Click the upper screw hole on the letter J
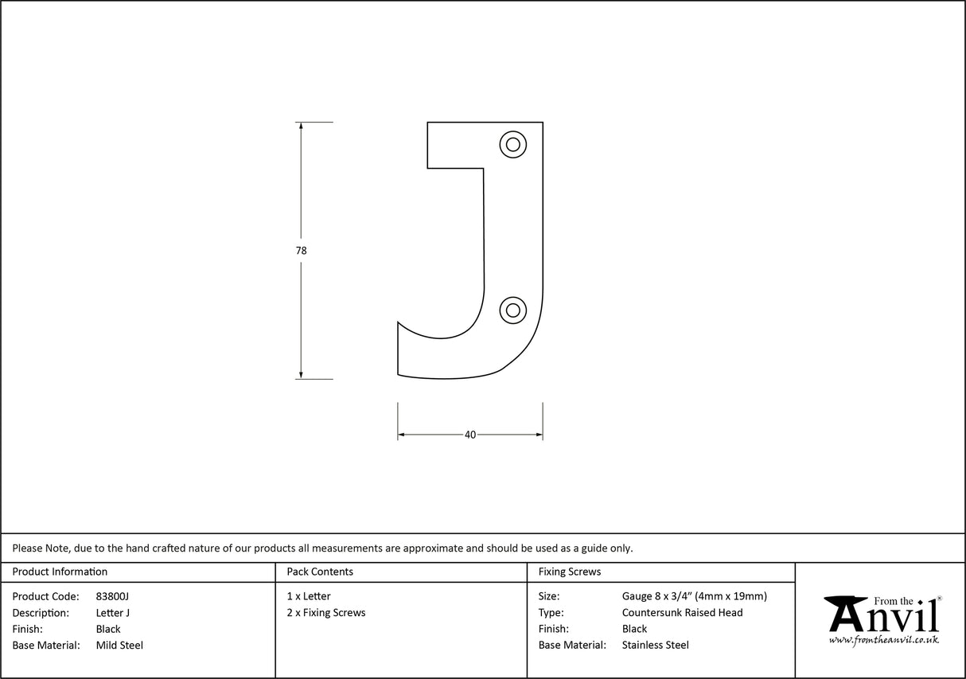click(513, 144)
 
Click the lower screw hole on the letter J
click(513, 310)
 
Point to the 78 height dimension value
click(301, 250)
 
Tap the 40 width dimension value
click(470, 435)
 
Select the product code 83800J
click(112, 596)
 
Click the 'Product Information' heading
click(60, 572)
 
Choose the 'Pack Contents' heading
click(320, 572)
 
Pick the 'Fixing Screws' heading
click(570, 572)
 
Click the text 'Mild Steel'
click(119, 646)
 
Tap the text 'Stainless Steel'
click(656, 646)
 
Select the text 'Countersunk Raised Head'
click(682, 613)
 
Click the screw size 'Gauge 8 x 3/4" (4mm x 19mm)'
click(694, 596)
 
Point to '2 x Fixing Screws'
click(326, 613)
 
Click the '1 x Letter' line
click(309, 596)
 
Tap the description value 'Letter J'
click(112, 613)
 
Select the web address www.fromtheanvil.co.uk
click(883, 640)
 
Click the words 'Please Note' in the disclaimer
click(40, 548)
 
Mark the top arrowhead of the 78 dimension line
click(301, 127)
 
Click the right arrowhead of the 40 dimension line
click(539, 435)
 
